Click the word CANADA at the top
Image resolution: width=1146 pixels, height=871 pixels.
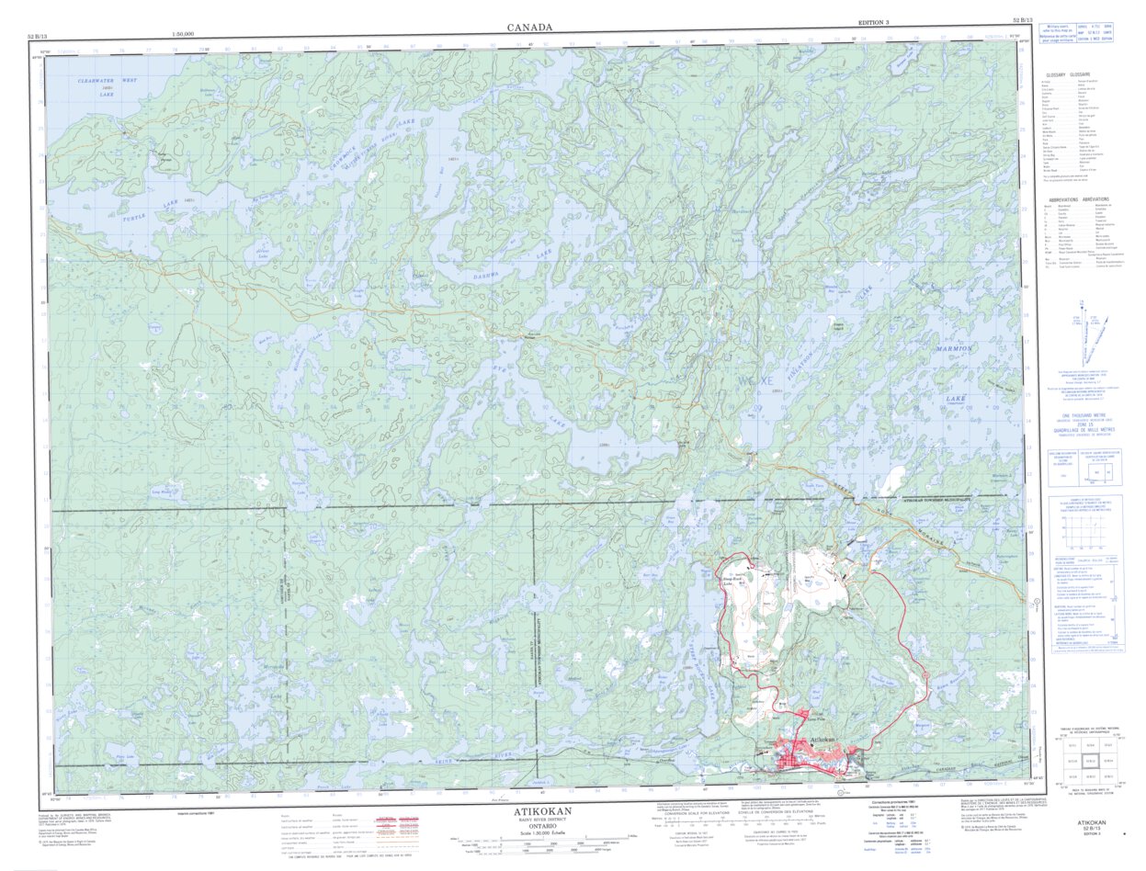529,28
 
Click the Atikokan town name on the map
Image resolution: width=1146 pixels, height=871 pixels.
821,741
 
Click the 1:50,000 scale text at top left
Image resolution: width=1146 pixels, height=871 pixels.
187,34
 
